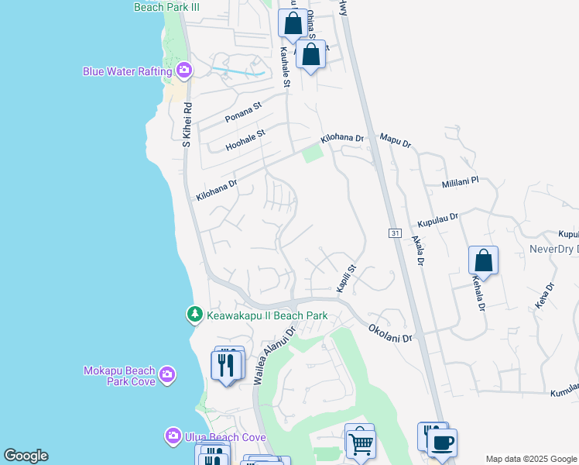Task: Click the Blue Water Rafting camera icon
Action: (x=184, y=71)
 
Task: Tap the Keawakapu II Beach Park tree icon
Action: (x=194, y=315)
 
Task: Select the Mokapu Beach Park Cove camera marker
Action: (x=167, y=377)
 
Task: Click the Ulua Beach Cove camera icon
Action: (x=173, y=437)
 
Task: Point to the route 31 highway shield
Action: (x=394, y=232)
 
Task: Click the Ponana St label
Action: (x=244, y=112)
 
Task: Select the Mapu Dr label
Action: (x=395, y=140)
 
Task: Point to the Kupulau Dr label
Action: (x=438, y=220)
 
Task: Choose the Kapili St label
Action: (x=345, y=279)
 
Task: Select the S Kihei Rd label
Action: (x=186, y=126)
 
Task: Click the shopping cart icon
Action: (x=359, y=444)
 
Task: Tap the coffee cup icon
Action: (x=442, y=443)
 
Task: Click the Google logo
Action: (x=26, y=456)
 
